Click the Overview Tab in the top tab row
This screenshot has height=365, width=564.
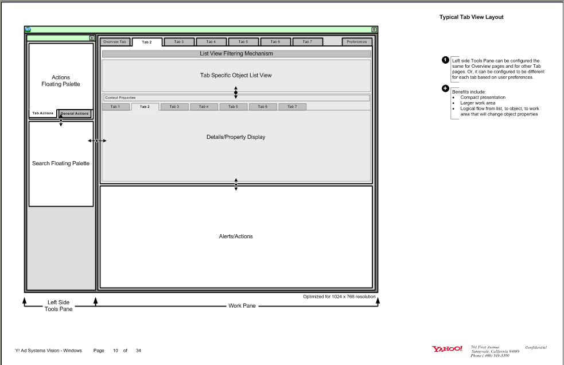[115, 42]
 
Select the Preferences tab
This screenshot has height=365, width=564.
[357, 42]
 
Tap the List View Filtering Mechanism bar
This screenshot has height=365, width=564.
[236, 54]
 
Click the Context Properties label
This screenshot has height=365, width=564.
[120, 98]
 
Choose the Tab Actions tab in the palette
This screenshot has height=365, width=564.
[43, 114]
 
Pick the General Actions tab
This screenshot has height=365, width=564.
[75, 114]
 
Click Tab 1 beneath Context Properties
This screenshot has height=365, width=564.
[115, 107]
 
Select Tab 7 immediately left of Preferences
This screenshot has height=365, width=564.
[308, 42]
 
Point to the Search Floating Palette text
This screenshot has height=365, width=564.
[61, 164]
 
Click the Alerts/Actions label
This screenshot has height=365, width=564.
[236, 236]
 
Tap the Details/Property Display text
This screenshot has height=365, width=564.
[236, 137]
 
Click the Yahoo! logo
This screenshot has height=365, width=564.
[447, 349]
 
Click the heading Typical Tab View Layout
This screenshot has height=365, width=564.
[471, 17]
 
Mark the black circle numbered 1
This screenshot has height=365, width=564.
[445, 60]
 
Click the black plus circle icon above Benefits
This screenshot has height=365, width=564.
[445, 88]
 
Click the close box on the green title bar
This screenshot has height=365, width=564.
[374, 29]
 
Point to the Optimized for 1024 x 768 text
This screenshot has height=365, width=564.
[339, 297]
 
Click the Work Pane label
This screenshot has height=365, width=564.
[242, 306]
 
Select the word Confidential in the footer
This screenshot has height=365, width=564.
[536, 347]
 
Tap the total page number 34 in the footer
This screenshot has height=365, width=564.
[138, 351]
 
